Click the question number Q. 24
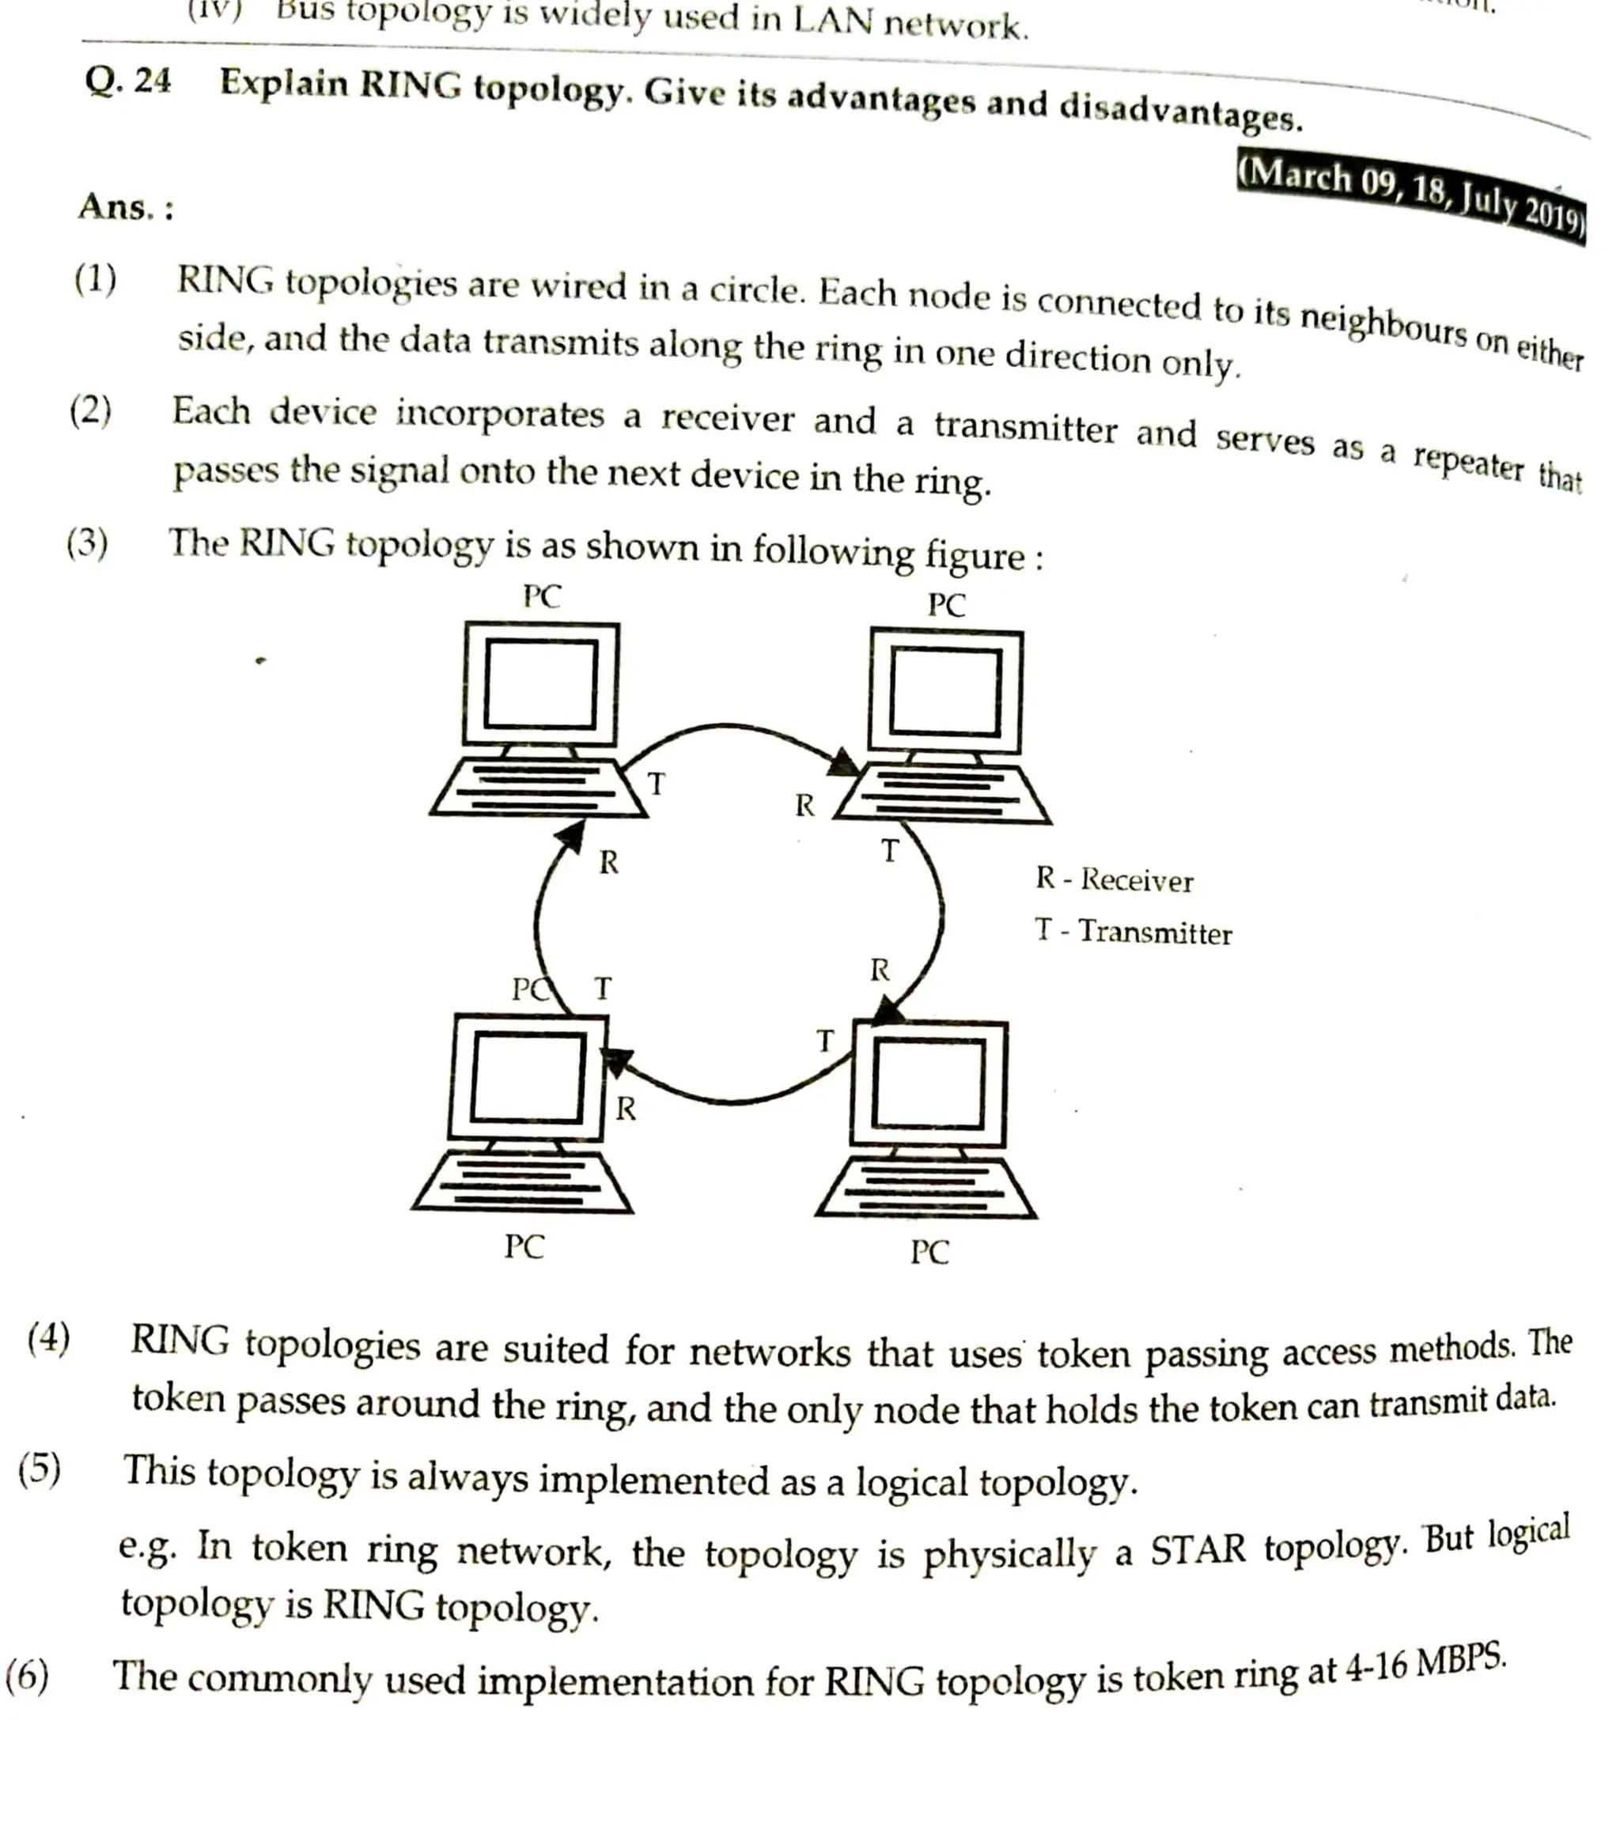128,81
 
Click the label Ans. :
125,207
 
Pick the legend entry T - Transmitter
1133,932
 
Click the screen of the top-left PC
540,684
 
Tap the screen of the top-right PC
945,692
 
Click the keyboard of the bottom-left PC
523,1181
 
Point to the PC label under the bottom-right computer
929,1253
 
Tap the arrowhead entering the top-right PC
842,763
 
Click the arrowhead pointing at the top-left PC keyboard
570,835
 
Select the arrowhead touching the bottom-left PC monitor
615,1061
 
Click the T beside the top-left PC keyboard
656,784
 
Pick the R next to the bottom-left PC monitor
626,1109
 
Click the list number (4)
48,1338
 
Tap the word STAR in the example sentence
1197,1550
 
